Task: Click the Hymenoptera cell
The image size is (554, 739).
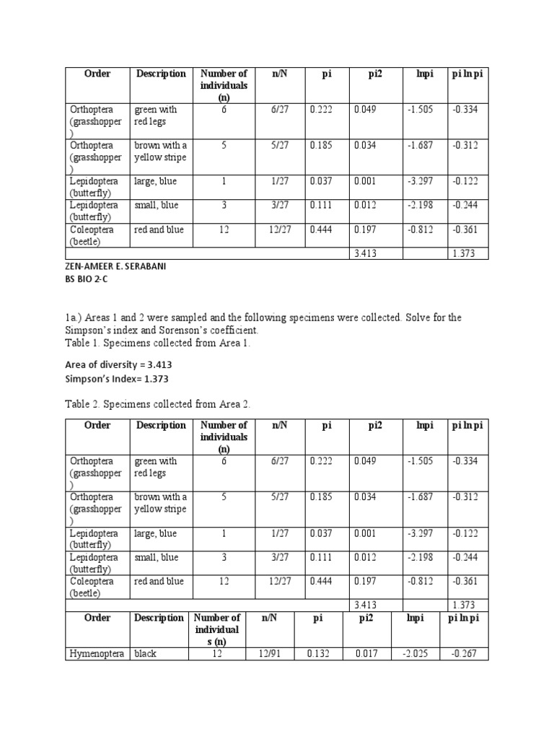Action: click(x=97, y=654)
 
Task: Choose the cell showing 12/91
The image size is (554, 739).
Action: click(x=269, y=654)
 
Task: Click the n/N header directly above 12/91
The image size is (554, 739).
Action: click(x=269, y=618)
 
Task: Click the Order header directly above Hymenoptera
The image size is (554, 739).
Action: click(x=97, y=618)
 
